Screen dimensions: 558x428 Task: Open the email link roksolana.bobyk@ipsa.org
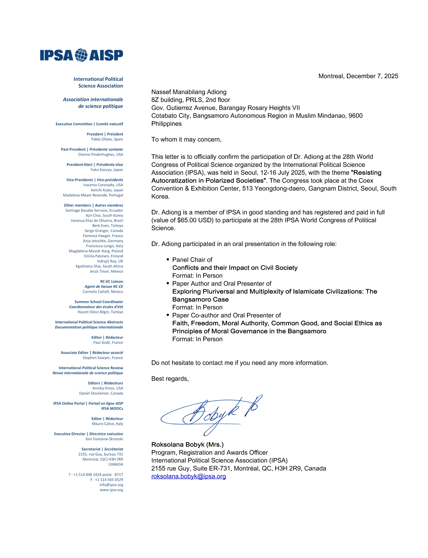189,476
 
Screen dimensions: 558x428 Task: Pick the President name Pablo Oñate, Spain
107,139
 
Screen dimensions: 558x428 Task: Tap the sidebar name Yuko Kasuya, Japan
106,170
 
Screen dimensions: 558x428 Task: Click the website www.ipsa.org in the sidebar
111,490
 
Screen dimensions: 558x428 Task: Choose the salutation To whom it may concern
186,139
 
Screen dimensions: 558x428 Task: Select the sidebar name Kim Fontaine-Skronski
104,439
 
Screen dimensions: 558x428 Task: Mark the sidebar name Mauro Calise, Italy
107,424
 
